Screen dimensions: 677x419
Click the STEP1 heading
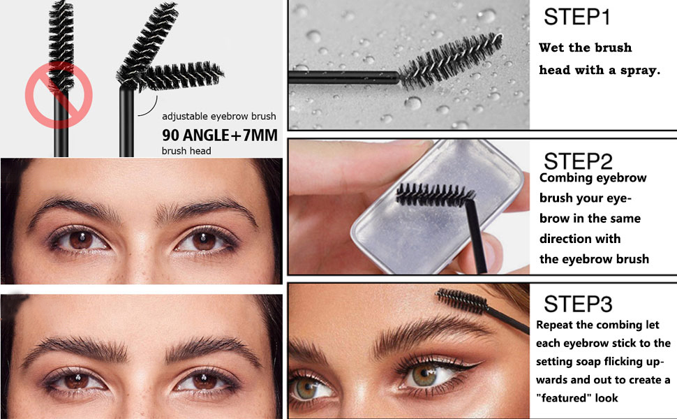576,17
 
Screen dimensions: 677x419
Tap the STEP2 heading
578,161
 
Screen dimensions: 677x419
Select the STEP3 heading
578,304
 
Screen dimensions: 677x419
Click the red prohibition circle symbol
59,95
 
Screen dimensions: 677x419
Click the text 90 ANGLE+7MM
220,135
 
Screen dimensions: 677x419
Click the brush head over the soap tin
435,194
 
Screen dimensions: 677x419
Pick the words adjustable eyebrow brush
219,116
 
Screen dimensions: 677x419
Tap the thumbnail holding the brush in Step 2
491,252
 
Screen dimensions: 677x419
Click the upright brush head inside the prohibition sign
61,46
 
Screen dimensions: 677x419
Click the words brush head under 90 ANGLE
186,151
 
